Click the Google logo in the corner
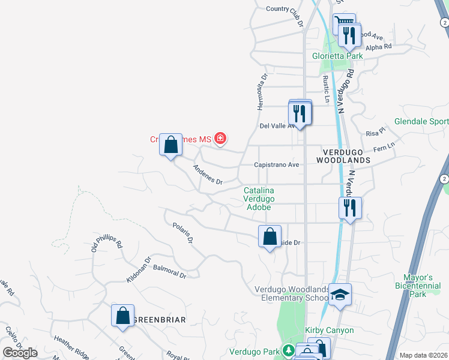(20, 353)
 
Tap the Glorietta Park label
(337, 56)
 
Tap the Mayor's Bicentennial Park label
(421, 286)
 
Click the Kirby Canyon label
(329, 330)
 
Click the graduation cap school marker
(340, 295)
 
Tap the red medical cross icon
(220, 139)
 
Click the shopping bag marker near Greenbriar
(122, 315)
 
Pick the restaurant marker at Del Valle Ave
(300, 112)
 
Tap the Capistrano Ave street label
(277, 164)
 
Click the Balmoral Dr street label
(170, 272)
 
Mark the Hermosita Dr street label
(261, 92)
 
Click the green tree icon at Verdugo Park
(289, 350)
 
